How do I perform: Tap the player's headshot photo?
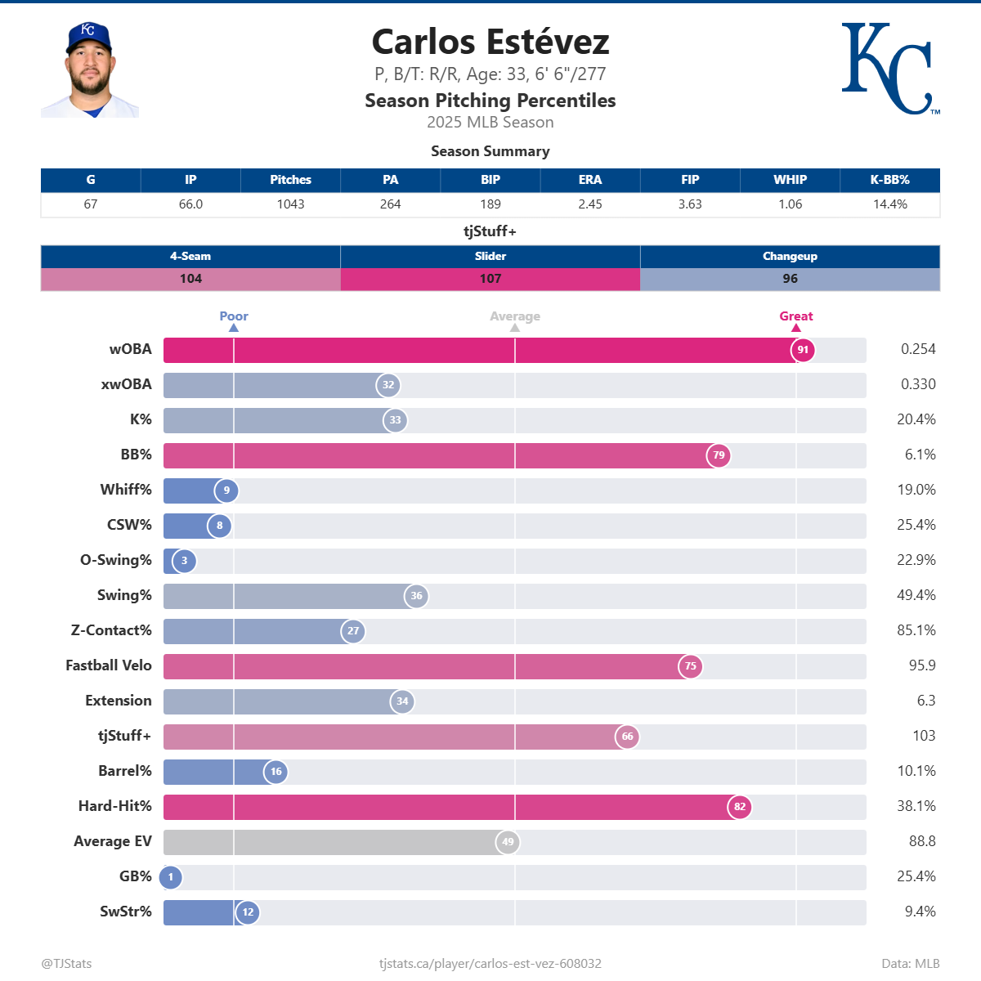pyautogui.click(x=90, y=70)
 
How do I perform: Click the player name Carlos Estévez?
pyautogui.click(x=490, y=42)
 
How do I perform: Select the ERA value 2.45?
pyautogui.click(x=590, y=204)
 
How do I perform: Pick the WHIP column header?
pyautogui.click(x=790, y=180)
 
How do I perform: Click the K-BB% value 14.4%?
pyautogui.click(x=889, y=204)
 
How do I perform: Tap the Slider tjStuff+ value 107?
pyautogui.click(x=490, y=279)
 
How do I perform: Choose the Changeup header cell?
pyautogui.click(x=790, y=256)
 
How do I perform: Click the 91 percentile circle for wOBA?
pyautogui.click(x=803, y=350)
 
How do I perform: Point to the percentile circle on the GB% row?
pyautogui.click(x=171, y=877)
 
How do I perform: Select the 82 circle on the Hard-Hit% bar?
pyautogui.click(x=740, y=807)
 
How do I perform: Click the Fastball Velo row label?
pyautogui.click(x=109, y=665)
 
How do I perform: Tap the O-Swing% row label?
pyautogui.click(x=116, y=560)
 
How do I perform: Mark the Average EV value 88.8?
pyautogui.click(x=922, y=841)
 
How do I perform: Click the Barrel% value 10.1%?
pyautogui.click(x=916, y=771)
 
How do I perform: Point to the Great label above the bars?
pyautogui.click(x=796, y=316)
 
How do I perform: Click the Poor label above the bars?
pyautogui.click(x=234, y=316)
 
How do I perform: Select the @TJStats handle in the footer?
pyautogui.click(x=66, y=964)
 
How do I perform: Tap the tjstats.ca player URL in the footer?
pyautogui.click(x=490, y=964)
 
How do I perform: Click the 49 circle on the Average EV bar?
pyautogui.click(x=508, y=842)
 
